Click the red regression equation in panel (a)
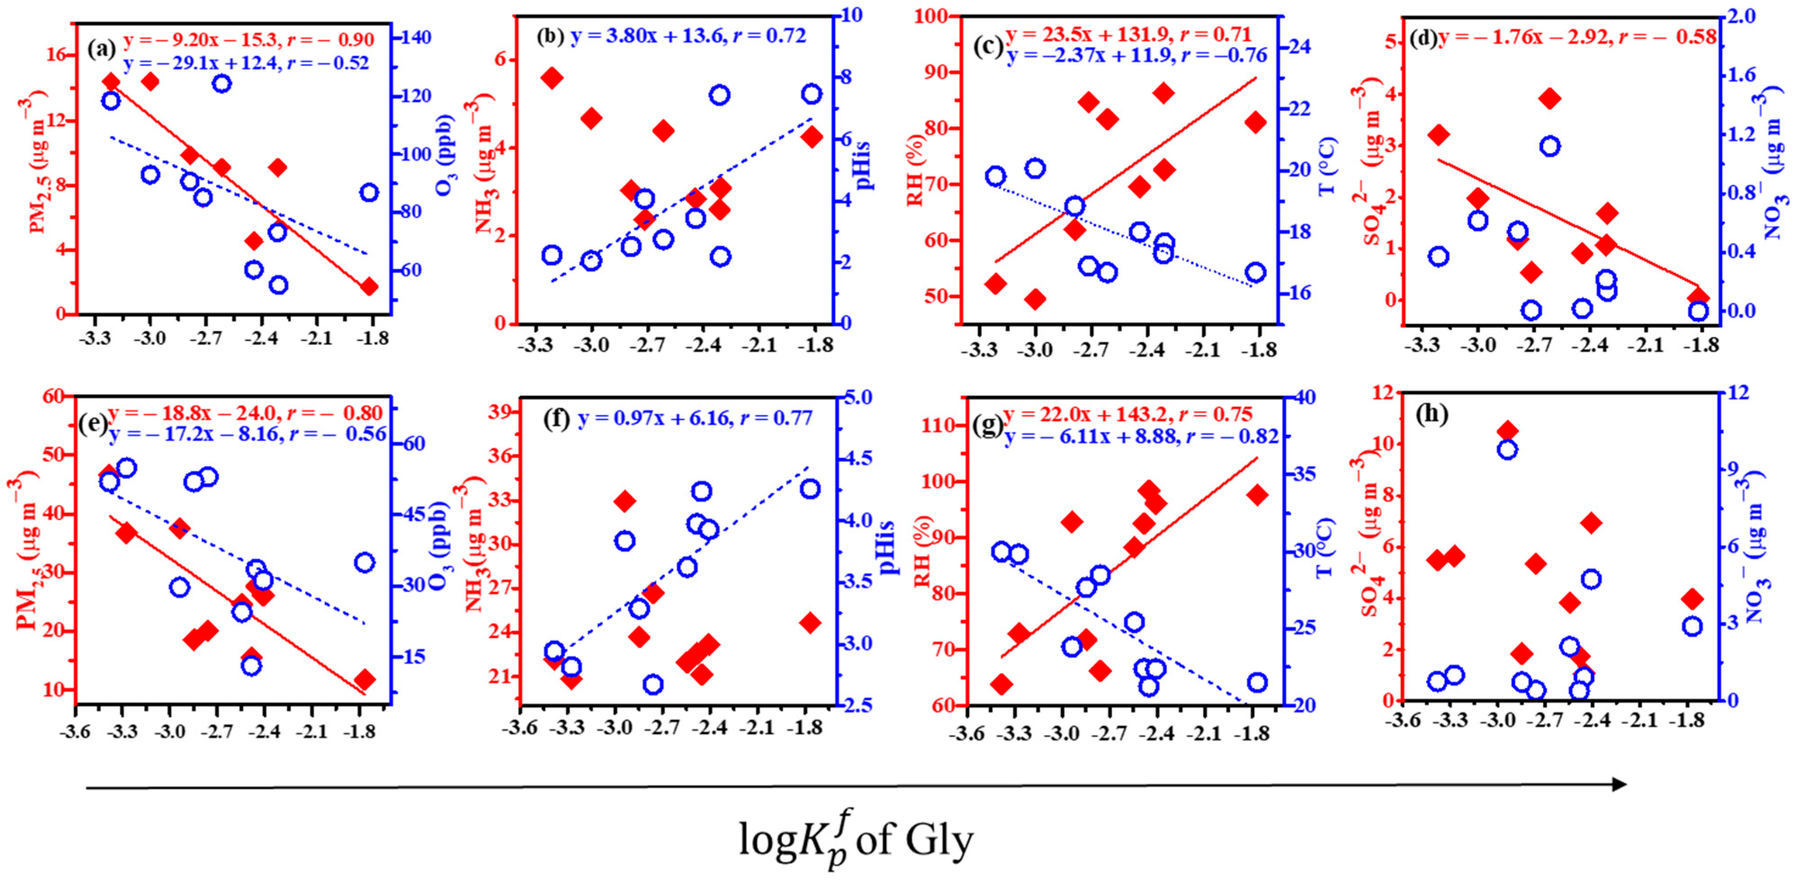click(x=249, y=39)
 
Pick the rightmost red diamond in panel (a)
click(x=369, y=286)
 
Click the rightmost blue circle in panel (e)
click(x=365, y=562)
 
